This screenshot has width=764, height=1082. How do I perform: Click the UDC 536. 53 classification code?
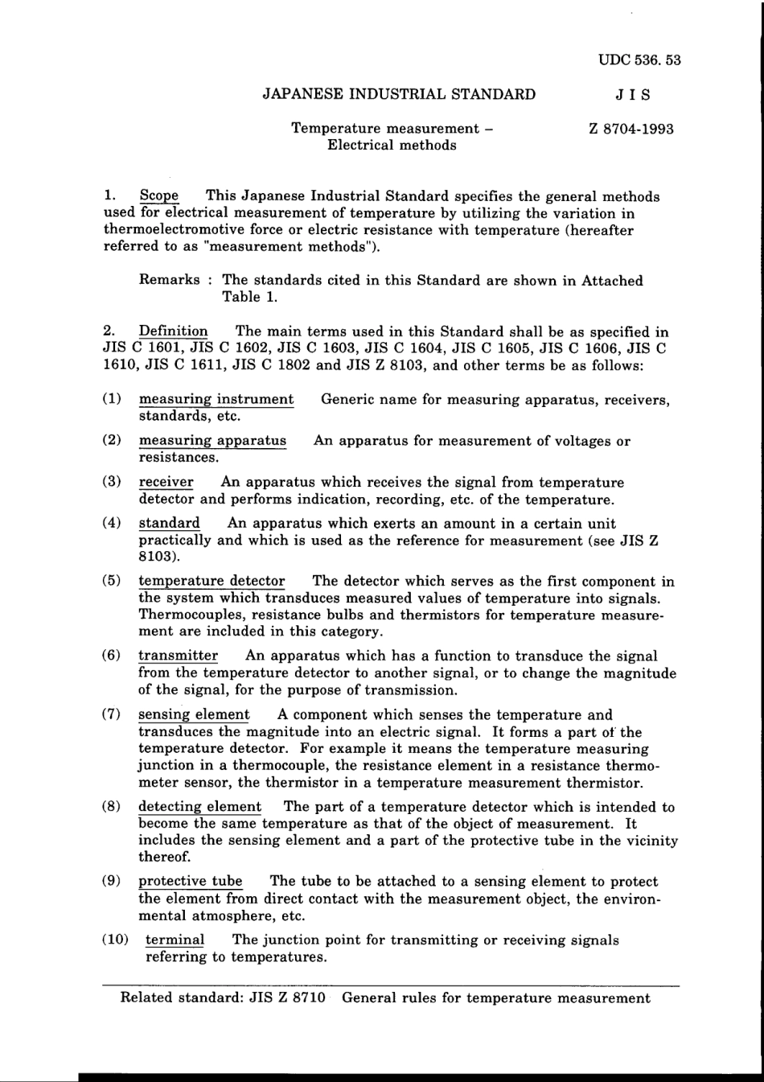click(x=639, y=60)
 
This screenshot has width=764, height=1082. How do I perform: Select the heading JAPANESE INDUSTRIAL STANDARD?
click(x=399, y=94)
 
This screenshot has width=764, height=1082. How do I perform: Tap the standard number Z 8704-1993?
click(x=631, y=129)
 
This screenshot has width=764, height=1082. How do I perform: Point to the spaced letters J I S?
click(x=633, y=94)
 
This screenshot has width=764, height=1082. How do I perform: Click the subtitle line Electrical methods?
click(x=392, y=146)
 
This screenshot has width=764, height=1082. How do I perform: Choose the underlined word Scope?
click(x=159, y=196)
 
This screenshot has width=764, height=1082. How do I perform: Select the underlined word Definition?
click(x=173, y=331)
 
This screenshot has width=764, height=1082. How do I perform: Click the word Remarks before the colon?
click(x=170, y=280)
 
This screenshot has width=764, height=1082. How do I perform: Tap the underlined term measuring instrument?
click(x=216, y=399)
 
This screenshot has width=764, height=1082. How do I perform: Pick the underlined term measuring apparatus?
click(x=212, y=441)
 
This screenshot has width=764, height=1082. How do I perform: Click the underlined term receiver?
click(x=166, y=483)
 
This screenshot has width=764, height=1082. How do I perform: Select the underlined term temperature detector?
click(x=212, y=582)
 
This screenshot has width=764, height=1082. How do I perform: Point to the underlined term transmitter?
click(x=178, y=656)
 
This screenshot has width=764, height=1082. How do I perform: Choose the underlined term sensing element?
click(x=194, y=714)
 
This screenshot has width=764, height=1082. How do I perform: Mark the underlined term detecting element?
click(x=199, y=807)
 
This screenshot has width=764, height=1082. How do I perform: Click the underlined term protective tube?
click(x=190, y=881)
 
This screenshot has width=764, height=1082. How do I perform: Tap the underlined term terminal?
click(x=175, y=940)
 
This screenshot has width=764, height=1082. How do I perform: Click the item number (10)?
click(x=115, y=940)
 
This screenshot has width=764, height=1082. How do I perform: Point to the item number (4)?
click(x=112, y=524)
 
